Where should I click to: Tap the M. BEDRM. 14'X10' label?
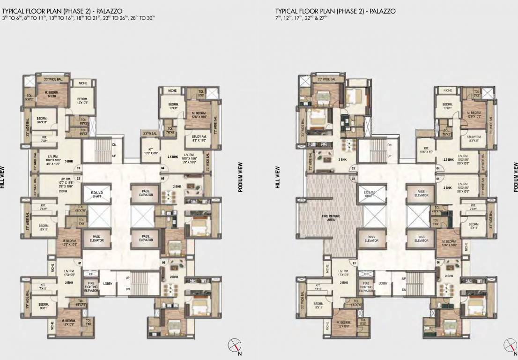tap(52, 94)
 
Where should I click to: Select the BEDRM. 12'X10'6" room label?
tap(83, 101)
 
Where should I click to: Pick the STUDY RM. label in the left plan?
tap(199, 138)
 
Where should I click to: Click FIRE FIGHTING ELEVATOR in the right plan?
tap(366, 287)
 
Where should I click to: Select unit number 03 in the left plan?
tap(78, 168)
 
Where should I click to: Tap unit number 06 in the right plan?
tap(437, 262)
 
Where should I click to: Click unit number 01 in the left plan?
tap(80, 263)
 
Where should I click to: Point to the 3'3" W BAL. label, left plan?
tap(149, 134)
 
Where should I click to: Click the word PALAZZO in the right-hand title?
tap(383, 11)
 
